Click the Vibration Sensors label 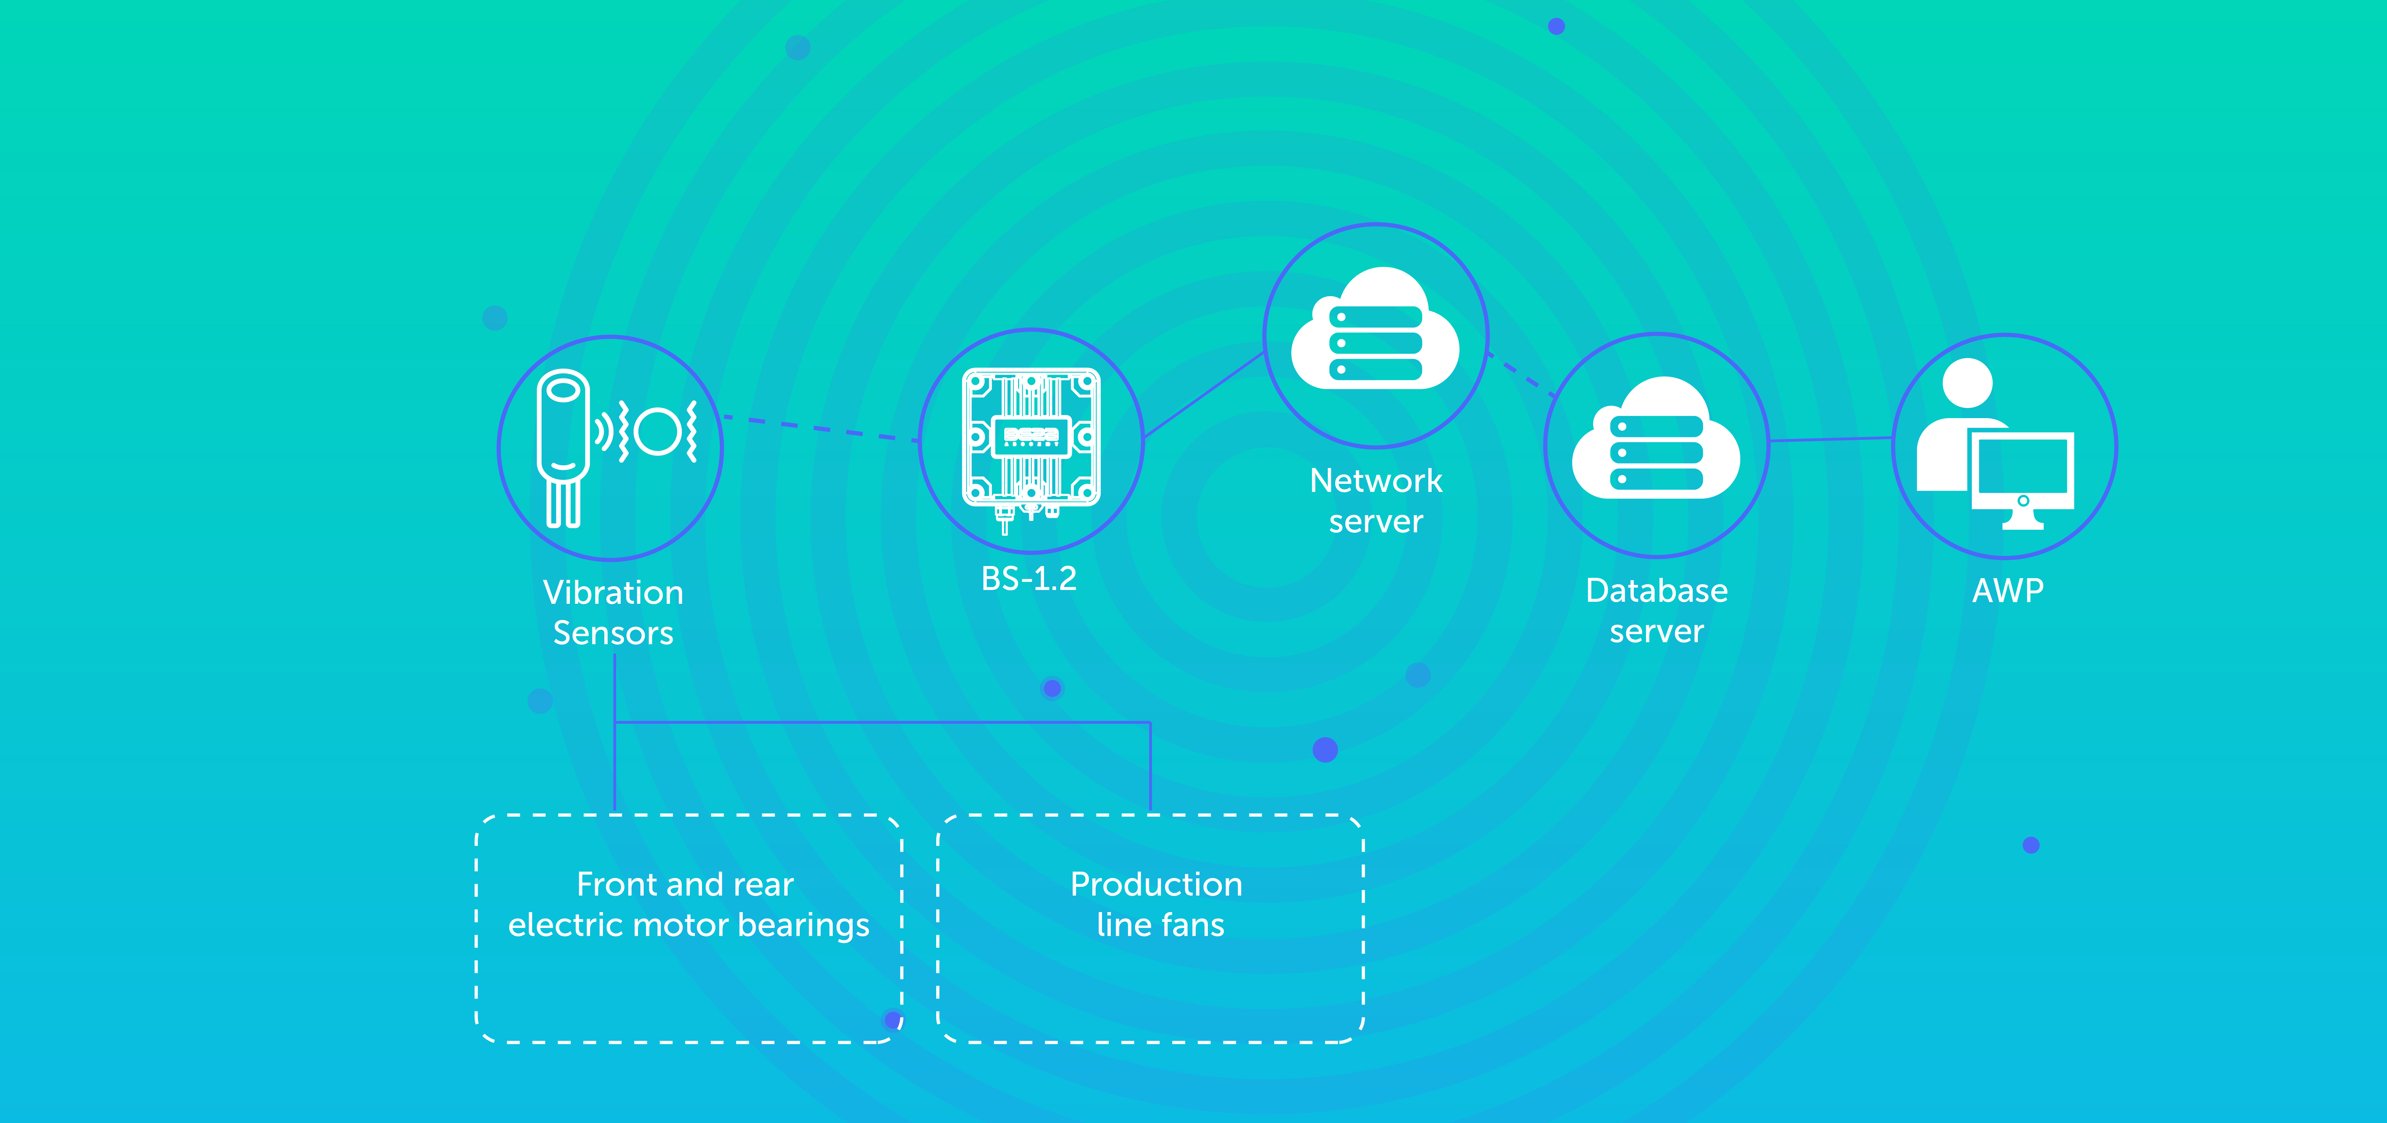pyautogui.click(x=612, y=613)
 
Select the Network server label pyautogui.click(x=1376, y=500)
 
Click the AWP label pyautogui.click(x=2007, y=590)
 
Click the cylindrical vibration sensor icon pyautogui.click(x=562, y=445)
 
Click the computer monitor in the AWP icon pyautogui.click(x=2023, y=471)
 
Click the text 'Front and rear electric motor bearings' pyautogui.click(x=687, y=904)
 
